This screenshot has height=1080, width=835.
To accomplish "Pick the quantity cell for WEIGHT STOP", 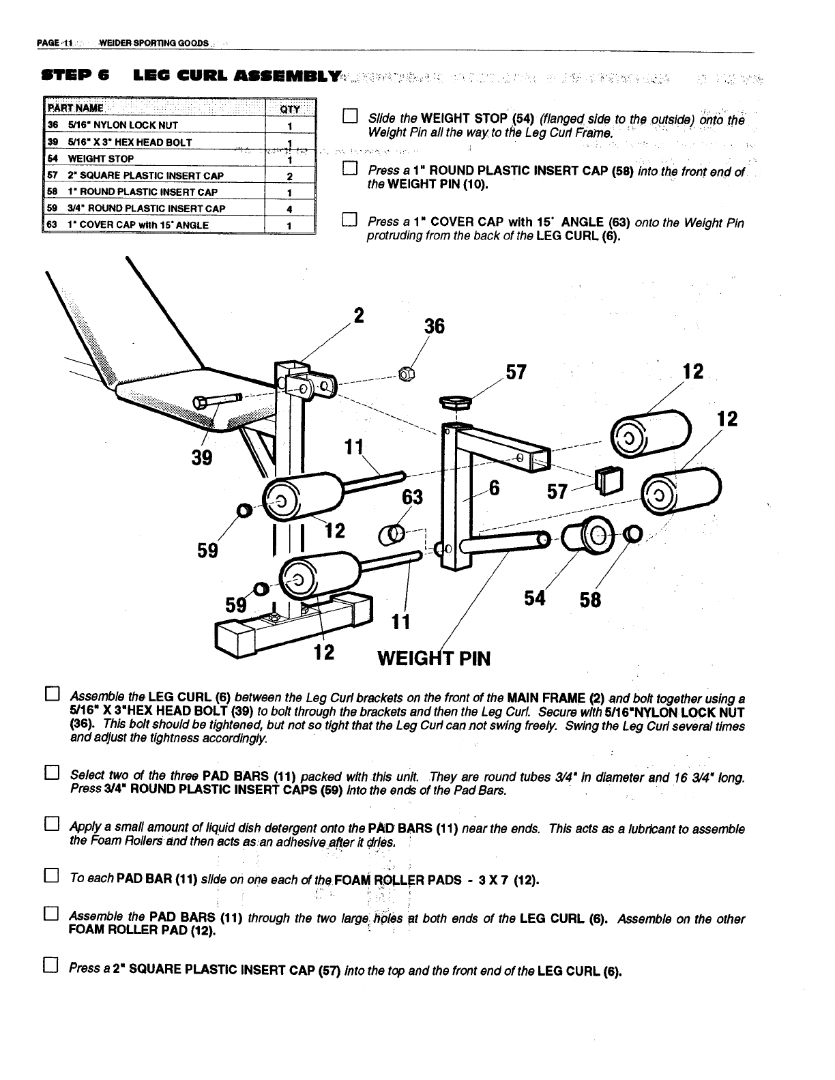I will (290, 160).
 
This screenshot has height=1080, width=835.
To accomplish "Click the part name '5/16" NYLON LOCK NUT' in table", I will (119, 126).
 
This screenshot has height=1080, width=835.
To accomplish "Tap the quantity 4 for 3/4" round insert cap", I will (290, 209).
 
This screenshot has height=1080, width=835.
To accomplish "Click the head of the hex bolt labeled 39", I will (203, 403).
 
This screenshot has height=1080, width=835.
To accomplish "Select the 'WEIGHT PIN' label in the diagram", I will (434, 658).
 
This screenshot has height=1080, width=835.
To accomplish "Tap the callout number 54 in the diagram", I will (537, 598).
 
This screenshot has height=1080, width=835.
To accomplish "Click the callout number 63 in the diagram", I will (412, 497).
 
